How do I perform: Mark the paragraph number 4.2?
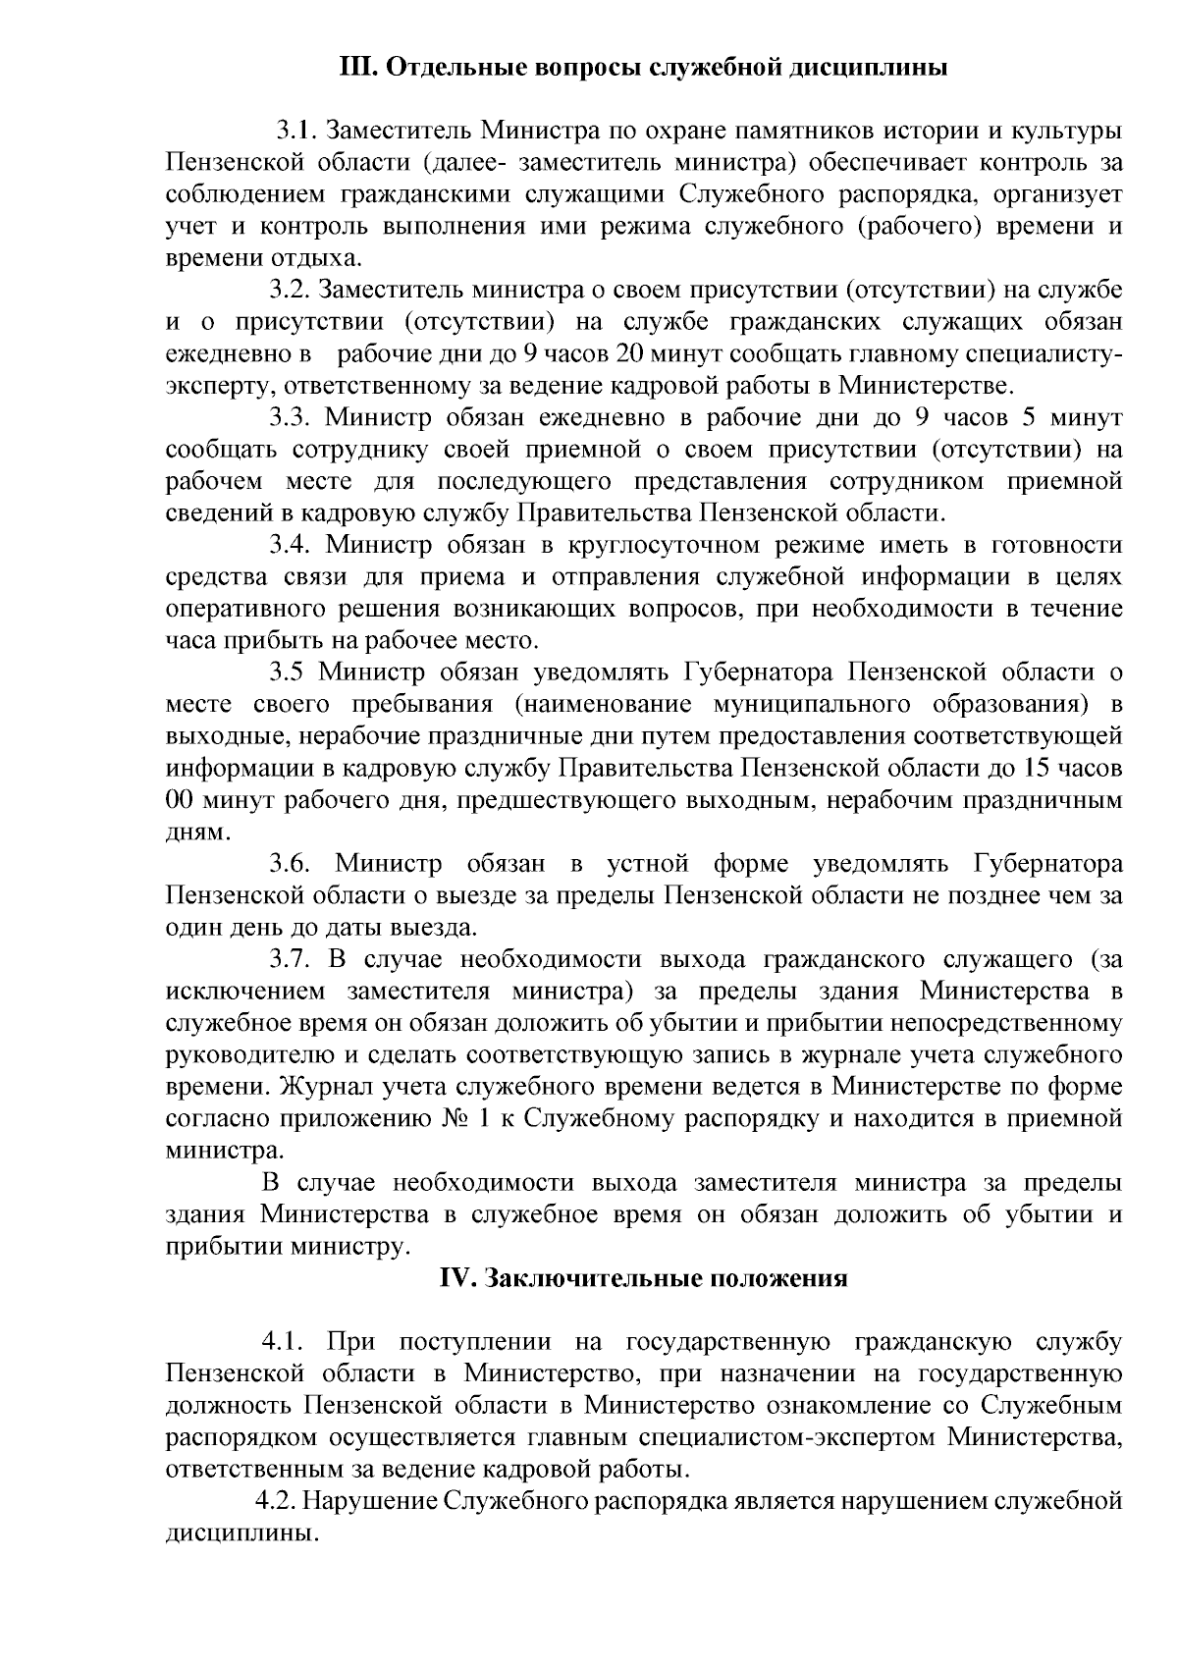click(x=276, y=1501)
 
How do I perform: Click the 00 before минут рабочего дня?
click(x=180, y=800)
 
